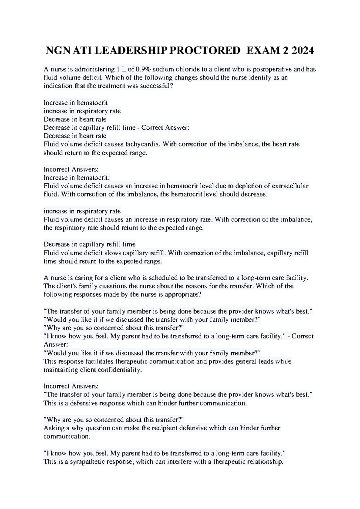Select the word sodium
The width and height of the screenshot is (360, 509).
162,69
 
